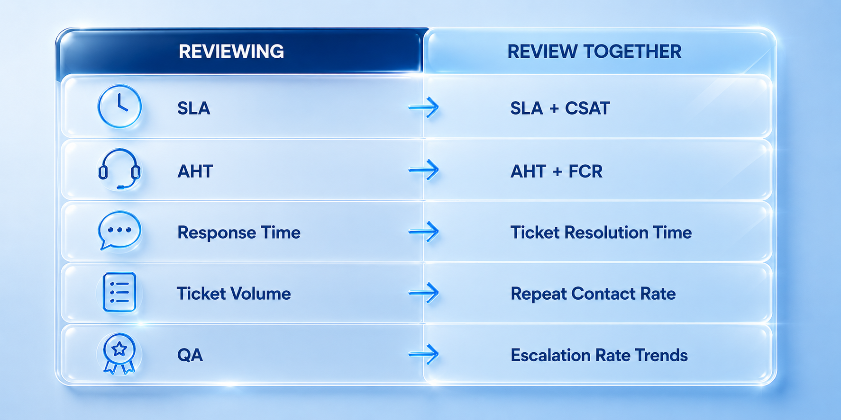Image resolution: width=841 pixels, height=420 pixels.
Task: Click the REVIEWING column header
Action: pos(231,51)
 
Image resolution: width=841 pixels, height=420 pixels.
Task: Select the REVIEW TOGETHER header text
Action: pos(594,51)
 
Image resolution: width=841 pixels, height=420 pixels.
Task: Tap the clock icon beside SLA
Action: pos(119,107)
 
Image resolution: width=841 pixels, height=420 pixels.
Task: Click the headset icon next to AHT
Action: pos(119,169)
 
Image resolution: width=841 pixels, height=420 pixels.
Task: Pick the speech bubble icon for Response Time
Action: pos(119,230)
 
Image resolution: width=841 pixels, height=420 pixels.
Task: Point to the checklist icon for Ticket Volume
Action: pos(119,292)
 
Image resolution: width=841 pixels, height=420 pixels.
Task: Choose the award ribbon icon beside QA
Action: pos(119,354)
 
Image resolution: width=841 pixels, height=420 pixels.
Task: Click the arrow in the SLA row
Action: pos(424,107)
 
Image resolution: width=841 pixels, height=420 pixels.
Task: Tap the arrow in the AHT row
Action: pos(424,170)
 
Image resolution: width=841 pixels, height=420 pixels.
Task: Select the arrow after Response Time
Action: pos(424,232)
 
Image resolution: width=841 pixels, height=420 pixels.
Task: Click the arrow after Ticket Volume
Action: pos(424,293)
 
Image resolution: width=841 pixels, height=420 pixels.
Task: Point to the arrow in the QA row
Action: pos(424,354)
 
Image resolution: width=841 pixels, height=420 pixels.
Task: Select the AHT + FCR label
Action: pos(557,171)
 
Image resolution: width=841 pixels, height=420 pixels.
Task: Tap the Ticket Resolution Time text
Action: pos(601,232)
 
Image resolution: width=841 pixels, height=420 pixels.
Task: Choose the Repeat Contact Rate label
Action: pos(593,294)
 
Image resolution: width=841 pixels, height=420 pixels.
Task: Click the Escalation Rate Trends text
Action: pos(599,355)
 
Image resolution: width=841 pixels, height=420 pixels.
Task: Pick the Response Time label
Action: pos(239,232)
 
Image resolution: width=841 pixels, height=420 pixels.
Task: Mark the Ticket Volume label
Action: pos(234,294)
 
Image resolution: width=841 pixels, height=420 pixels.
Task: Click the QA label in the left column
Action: pos(190,355)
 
